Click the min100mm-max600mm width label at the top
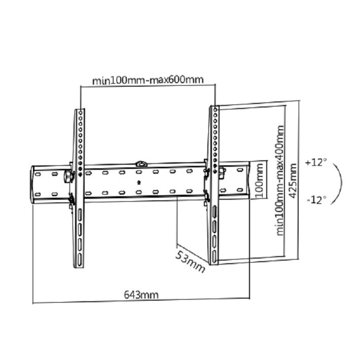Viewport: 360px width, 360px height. [148, 80]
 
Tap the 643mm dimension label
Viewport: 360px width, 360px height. [141, 295]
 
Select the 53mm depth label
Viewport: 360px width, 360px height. [190, 261]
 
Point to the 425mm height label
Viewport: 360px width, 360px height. [292, 181]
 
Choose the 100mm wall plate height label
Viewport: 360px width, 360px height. [259, 181]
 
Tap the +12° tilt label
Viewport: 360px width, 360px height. [316, 162]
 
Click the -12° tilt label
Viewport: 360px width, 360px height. [317, 200]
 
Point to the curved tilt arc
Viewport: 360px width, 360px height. [337, 184]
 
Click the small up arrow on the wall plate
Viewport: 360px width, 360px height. [138, 183]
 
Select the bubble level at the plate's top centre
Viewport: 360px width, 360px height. [141, 164]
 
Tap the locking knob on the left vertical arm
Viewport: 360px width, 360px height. [68, 176]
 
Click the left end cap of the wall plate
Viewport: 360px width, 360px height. [32, 185]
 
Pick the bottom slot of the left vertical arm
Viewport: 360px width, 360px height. [80, 260]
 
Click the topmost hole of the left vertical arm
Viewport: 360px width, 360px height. [81, 113]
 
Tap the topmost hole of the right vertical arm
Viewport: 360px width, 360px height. [215, 110]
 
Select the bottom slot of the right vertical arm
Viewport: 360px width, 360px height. [214, 256]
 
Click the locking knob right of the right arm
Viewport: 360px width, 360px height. [222, 172]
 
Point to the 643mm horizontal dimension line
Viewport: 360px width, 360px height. [141, 301]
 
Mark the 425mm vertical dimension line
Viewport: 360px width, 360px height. [299, 180]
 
